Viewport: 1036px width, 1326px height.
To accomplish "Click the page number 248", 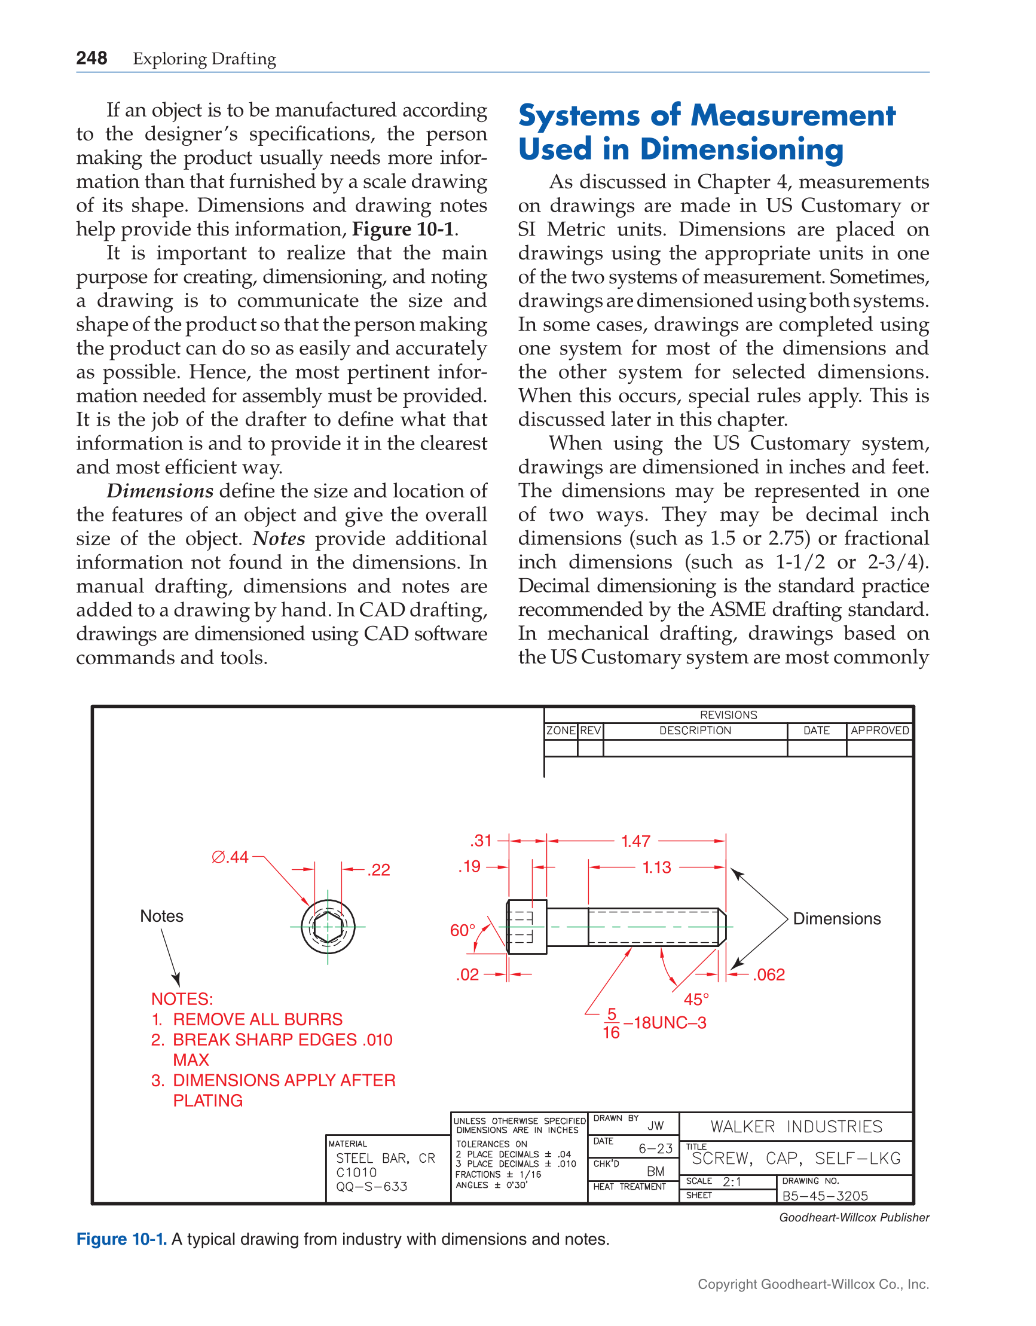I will tap(91, 58).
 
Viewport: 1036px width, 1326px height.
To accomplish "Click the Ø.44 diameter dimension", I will tap(230, 857).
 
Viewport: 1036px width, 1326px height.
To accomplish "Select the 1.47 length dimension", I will tap(635, 841).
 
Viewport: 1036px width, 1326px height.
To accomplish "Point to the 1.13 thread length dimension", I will tap(656, 867).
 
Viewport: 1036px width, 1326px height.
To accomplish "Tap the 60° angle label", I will tap(462, 930).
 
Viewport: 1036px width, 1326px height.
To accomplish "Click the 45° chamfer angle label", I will tap(696, 1000).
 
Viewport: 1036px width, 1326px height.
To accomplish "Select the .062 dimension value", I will tap(769, 974).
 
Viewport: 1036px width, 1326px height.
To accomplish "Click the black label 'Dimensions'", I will tap(836, 919).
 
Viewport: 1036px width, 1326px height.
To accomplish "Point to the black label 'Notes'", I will tap(161, 915).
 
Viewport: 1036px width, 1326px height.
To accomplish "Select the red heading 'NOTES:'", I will tap(182, 999).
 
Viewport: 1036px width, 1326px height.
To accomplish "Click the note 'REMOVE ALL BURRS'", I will tap(258, 1019).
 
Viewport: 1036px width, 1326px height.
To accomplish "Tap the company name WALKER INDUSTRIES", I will tap(796, 1127).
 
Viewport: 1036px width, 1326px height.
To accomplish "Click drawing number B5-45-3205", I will tap(824, 1196).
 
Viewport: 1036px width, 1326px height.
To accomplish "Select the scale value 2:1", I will tap(732, 1181).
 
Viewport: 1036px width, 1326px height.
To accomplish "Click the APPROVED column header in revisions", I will tap(879, 731).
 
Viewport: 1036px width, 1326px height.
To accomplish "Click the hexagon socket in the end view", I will tap(328, 927).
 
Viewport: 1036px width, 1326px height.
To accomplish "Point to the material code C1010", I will tap(356, 1172).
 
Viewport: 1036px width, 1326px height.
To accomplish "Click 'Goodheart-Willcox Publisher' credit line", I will tap(854, 1217).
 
